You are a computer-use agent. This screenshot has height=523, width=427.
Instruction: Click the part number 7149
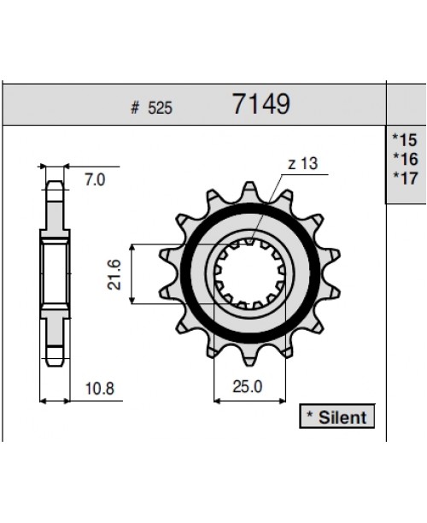(260, 105)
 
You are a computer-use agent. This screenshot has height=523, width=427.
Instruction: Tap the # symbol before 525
(136, 109)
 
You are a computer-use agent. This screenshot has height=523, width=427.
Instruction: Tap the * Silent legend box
(334, 417)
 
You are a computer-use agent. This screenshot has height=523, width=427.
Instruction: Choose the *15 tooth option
(406, 138)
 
